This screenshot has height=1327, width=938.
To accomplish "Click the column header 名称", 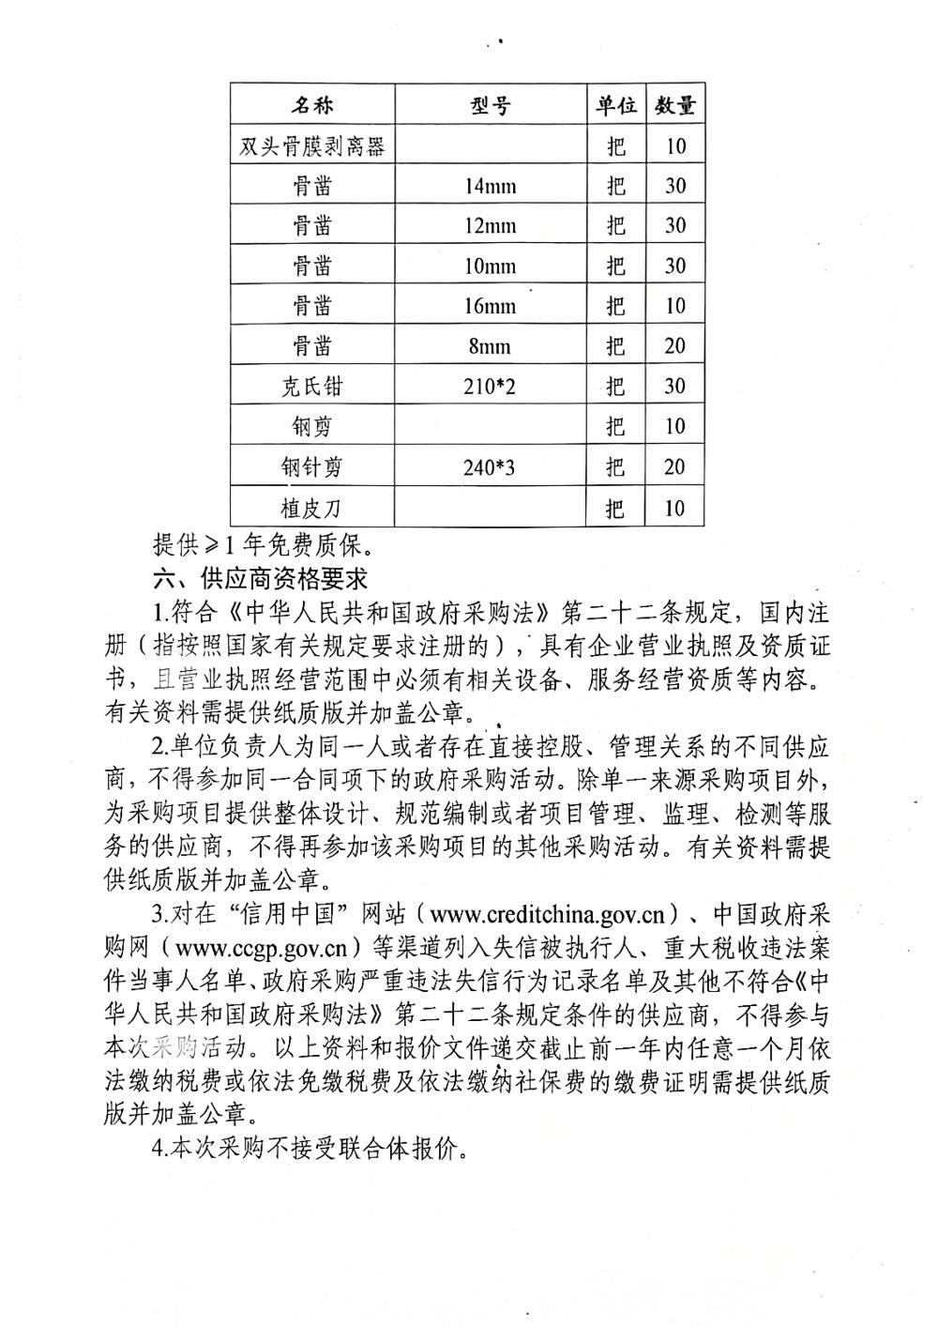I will (311, 104).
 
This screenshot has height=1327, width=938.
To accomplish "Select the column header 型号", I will (490, 105).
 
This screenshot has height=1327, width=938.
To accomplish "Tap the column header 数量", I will (674, 105).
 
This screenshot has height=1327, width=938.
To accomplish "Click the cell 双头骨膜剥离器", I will (311, 145).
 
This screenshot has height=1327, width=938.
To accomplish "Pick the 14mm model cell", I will (490, 186).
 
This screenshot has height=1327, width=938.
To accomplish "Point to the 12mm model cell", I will (490, 226).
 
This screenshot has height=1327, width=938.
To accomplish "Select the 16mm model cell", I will (490, 306).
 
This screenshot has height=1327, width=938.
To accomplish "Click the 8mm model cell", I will (490, 346).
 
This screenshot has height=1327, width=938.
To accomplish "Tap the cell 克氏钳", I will (311, 387).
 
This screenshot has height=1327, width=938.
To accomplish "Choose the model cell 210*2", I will (490, 387).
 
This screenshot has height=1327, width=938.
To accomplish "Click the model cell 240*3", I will (490, 466).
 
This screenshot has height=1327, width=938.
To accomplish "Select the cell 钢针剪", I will (311, 466).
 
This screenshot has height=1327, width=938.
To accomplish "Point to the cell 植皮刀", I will (311, 508).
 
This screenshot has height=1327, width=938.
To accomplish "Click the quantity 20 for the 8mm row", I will (674, 346).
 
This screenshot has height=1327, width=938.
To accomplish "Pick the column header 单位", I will (614, 105).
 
